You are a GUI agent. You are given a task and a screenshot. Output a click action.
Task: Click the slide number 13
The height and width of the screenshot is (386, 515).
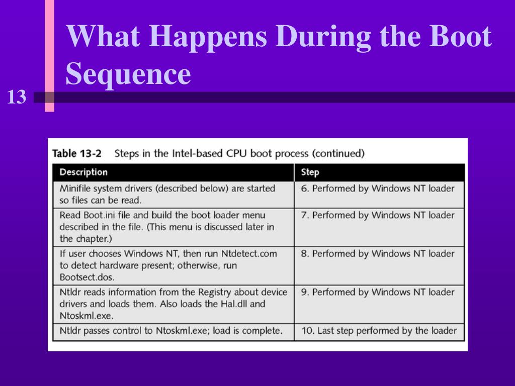tap(17, 96)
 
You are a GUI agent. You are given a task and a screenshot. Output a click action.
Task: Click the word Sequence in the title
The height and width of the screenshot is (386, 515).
tap(128, 74)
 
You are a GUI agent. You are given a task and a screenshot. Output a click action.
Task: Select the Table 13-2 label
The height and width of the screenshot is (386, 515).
tap(77, 153)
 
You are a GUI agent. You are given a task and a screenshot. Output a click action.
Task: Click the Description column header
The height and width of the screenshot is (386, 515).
tap(83, 172)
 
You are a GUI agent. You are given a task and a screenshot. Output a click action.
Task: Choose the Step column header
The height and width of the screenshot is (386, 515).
tap(310, 172)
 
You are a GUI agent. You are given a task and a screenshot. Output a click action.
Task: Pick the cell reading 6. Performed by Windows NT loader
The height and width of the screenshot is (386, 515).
tap(377, 188)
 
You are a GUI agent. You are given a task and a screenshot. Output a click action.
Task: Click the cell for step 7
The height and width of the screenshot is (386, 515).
tap(377, 215)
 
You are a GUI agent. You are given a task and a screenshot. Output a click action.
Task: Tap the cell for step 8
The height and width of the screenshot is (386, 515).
tap(377, 254)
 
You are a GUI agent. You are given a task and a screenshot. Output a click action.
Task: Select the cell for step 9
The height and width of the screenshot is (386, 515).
tap(377, 292)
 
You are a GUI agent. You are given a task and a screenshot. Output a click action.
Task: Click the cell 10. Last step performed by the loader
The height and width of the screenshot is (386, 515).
tap(379, 331)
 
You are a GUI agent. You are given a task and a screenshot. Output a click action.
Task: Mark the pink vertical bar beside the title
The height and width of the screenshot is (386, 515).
tap(49, 55)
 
